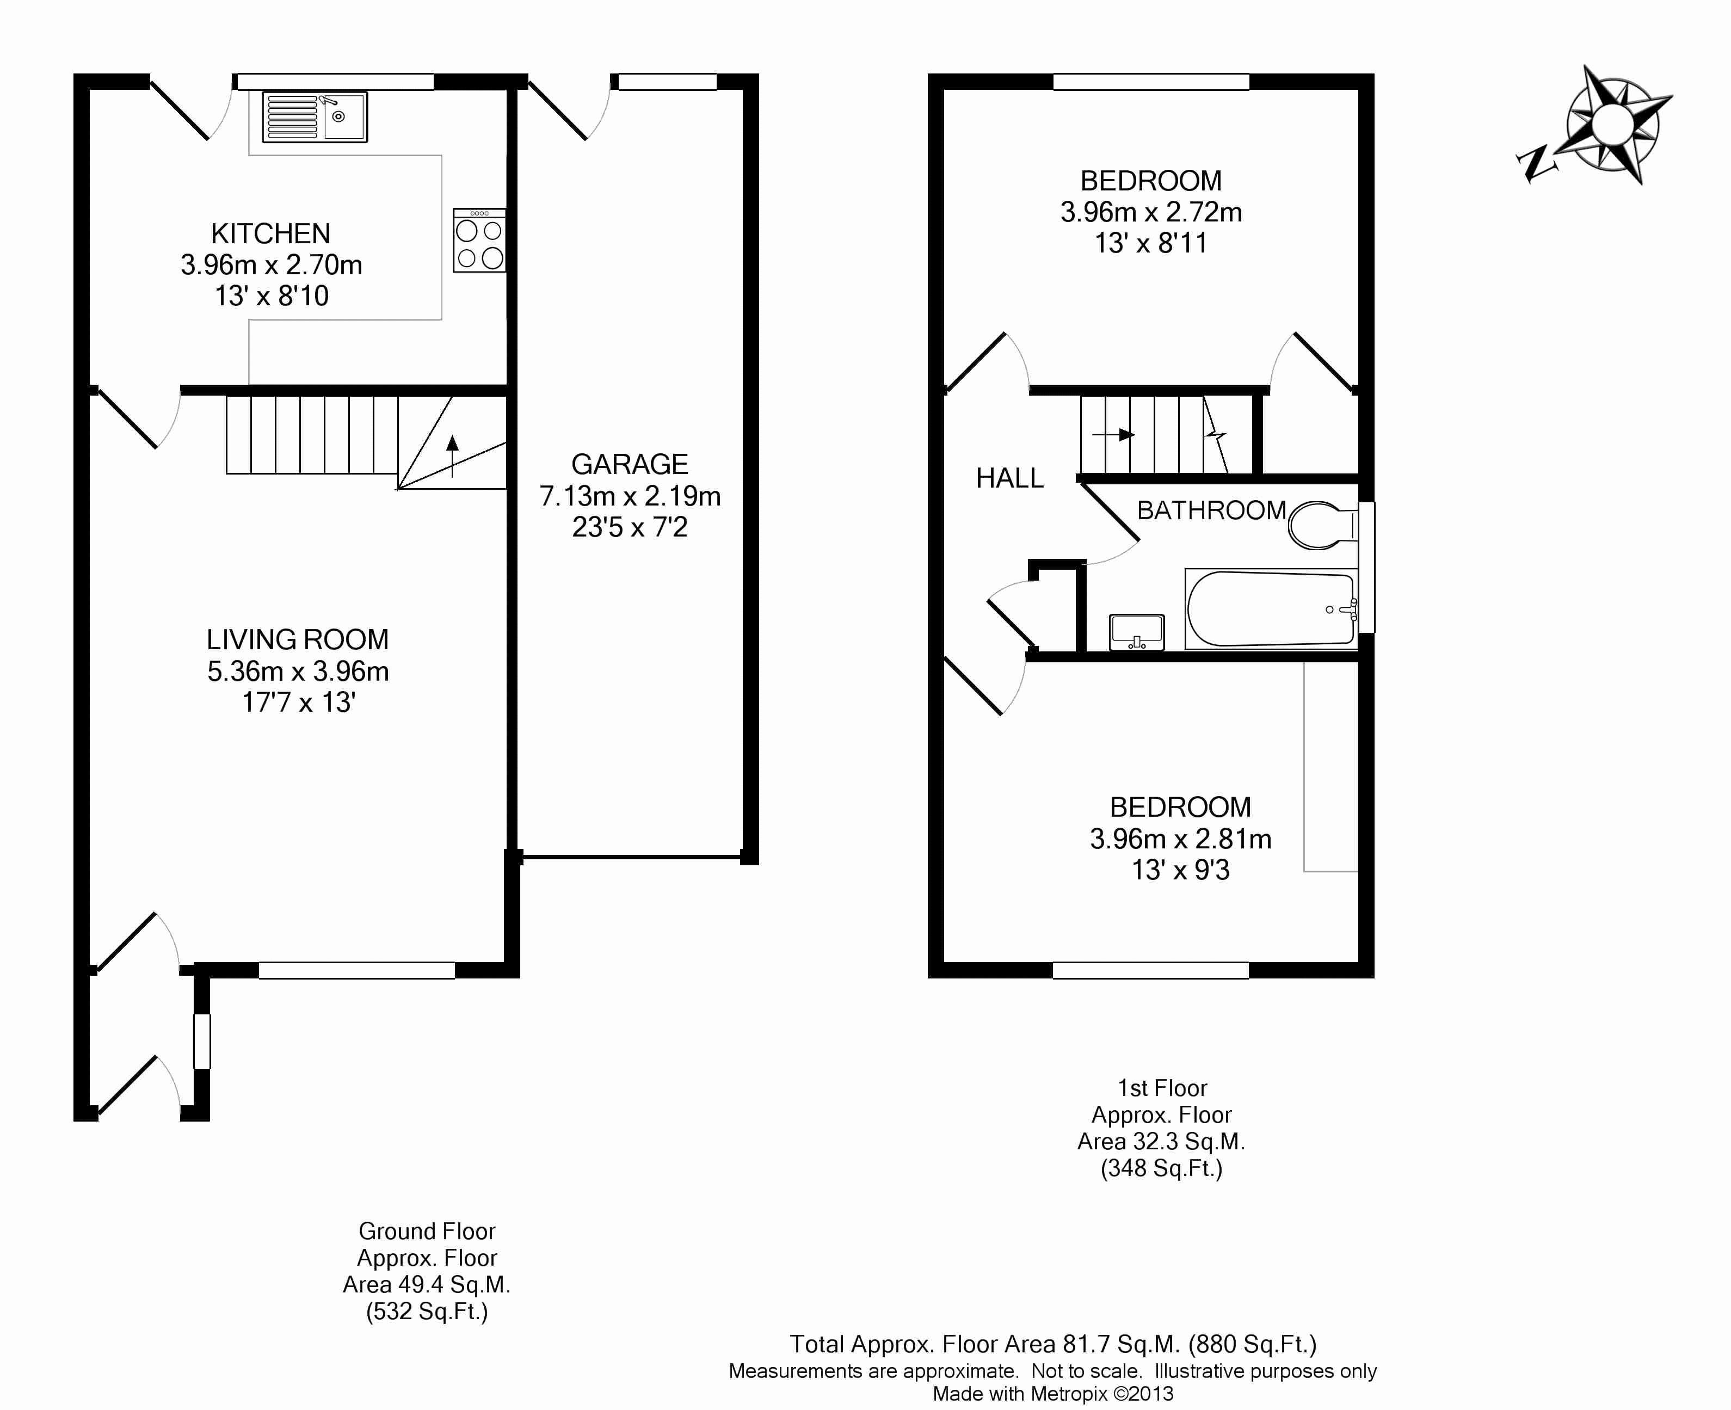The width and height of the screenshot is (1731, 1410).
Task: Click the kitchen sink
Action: pyautogui.click(x=315, y=117)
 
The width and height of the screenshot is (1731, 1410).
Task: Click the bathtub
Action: pyautogui.click(x=1271, y=609)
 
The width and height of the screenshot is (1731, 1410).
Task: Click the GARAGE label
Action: pyautogui.click(x=630, y=465)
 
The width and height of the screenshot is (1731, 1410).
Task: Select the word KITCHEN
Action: pyautogui.click(x=270, y=234)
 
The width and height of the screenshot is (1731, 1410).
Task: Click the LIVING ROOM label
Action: pyautogui.click(x=297, y=640)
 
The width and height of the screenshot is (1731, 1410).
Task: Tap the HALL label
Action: pyautogui.click(x=1009, y=478)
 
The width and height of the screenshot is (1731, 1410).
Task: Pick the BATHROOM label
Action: pyautogui.click(x=1211, y=510)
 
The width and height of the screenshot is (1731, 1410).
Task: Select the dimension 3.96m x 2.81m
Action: pyautogui.click(x=1181, y=839)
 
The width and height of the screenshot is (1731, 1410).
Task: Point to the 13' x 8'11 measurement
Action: pyautogui.click(x=1151, y=243)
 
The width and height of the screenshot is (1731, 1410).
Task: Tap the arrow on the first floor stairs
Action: pyautogui.click(x=1114, y=434)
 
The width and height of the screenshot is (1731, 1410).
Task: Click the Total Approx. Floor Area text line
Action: pyautogui.click(x=1054, y=1344)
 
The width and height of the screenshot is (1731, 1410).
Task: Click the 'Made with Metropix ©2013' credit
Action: pyautogui.click(x=1054, y=1394)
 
